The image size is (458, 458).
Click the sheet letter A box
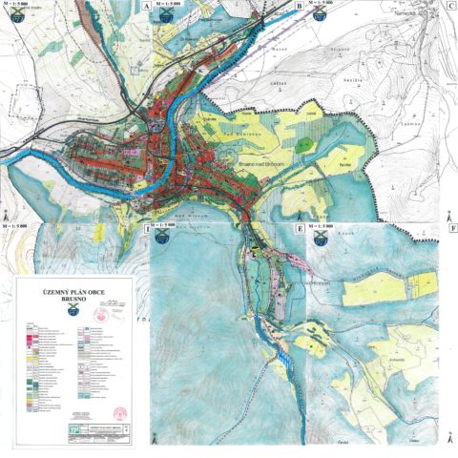click(x=146, y=6)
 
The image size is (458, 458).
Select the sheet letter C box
click(x=449, y=6)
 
